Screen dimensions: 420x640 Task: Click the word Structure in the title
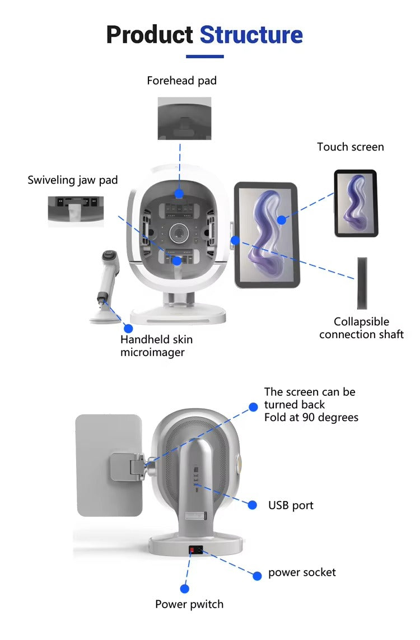click(251, 35)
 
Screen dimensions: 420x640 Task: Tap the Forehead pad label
click(181, 81)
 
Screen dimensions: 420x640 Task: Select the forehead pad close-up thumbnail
click(184, 118)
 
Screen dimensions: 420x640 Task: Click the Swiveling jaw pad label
click(73, 180)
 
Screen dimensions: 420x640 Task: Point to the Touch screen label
click(350, 147)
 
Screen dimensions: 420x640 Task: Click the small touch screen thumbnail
click(356, 203)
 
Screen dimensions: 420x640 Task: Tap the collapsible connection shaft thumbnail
click(362, 283)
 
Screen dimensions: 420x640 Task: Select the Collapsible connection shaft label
click(361, 328)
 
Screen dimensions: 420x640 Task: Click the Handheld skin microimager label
click(156, 345)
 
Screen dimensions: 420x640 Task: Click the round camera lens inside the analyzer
click(179, 233)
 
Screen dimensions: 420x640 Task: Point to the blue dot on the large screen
click(281, 220)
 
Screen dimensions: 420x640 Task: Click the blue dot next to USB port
click(253, 505)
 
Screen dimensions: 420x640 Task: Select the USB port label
click(291, 505)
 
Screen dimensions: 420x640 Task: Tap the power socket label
click(302, 572)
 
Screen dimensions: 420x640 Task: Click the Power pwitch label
click(189, 604)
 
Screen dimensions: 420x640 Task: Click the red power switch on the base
click(192, 550)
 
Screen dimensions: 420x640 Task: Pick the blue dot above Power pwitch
click(184, 588)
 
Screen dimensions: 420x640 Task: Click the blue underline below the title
click(205, 57)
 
